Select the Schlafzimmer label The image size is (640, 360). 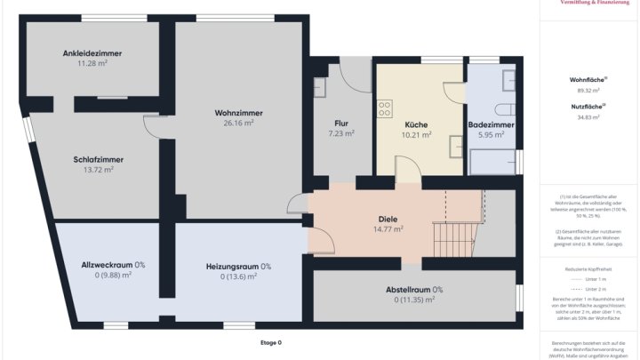click(98, 159)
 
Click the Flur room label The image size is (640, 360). click(341, 124)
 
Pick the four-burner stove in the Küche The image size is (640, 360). click(386, 108)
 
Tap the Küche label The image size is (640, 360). click(417, 124)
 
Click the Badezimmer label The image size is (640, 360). click(492, 124)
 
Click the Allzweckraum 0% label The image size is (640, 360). click(113, 265)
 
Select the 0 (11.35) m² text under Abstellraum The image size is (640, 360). click(414, 300)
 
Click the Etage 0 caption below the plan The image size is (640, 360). click(271, 342)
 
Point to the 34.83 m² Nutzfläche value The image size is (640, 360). click(588, 116)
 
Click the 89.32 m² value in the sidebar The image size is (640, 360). click(588, 90)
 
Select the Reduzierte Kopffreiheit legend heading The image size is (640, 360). click(588, 267)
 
